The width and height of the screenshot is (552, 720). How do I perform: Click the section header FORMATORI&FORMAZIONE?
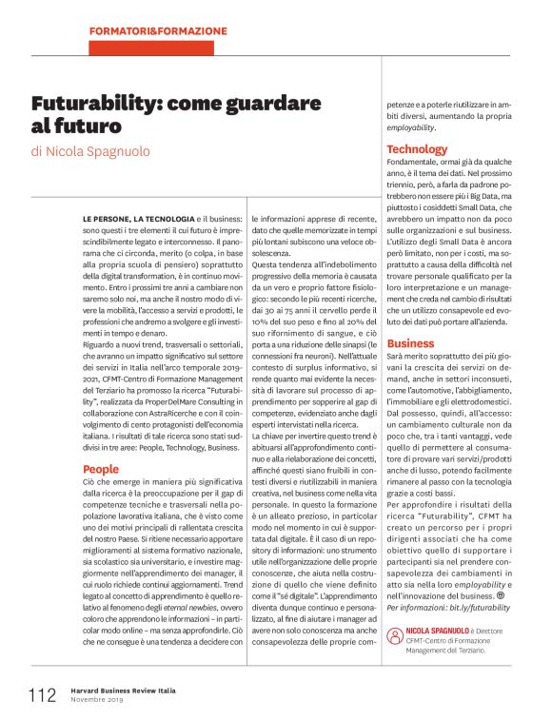(158, 31)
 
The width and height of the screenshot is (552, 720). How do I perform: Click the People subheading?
(100, 469)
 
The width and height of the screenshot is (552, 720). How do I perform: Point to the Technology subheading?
(416, 148)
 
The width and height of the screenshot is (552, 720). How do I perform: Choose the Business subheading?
(410, 342)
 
